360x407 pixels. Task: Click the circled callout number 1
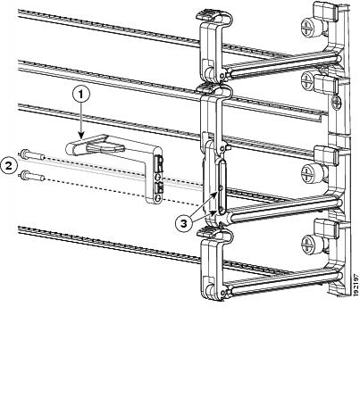click(x=81, y=96)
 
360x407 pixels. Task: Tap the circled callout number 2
click(x=9, y=166)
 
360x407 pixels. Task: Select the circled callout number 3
click(x=184, y=224)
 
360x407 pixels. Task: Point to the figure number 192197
click(x=356, y=285)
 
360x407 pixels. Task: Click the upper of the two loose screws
click(x=31, y=155)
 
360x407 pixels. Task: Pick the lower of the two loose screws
click(x=31, y=176)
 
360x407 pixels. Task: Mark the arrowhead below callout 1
click(x=81, y=136)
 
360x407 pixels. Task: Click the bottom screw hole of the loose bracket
click(x=158, y=198)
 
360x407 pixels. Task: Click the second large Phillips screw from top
click(x=308, y=79)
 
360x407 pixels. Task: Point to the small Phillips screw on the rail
click(x=337, y=103)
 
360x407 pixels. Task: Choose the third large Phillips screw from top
click(x=308, y=171)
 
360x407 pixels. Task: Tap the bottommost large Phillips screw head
click(x=308, y=245)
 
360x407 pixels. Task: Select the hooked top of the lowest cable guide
click(x=214, y=234)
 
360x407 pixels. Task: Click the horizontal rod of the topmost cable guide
click(x=284, y=65)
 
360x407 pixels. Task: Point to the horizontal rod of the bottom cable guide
click(x=284, y=283)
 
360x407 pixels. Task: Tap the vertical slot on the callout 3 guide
click(x=222, y=187)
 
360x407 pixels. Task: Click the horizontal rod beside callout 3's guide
click(x=284, y=208)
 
